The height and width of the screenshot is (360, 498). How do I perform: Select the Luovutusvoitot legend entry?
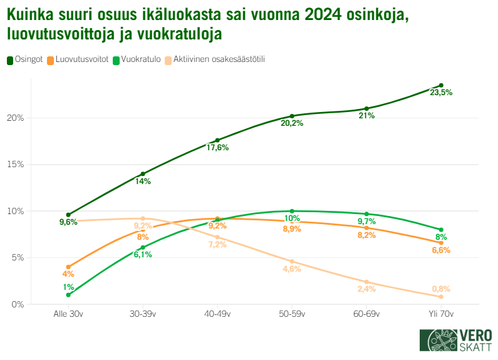point(78,60)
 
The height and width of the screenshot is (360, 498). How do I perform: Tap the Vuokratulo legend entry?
point(135,60)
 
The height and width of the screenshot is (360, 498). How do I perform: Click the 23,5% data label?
point(441,93)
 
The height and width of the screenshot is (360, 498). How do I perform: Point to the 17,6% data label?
point(217,148)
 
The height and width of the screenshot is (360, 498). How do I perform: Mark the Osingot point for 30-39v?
point(143,174)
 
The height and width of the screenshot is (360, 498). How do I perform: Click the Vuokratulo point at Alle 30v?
point(68,295)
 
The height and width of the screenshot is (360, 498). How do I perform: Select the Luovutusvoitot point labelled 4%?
point(68,267)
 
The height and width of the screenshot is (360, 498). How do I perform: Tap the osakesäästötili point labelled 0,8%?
point(441,297)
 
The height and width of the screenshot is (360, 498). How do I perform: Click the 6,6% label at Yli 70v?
point(441,250)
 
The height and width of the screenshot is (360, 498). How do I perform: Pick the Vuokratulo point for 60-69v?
point(366,214)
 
